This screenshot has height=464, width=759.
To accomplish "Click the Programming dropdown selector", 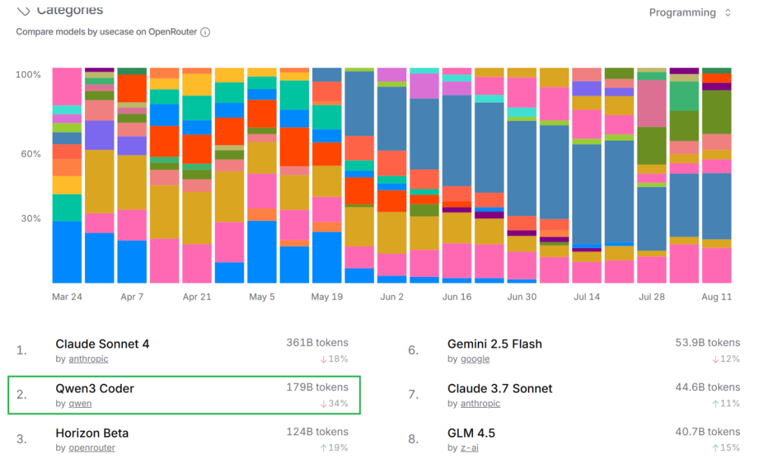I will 689,13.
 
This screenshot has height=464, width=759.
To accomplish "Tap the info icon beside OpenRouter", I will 205,32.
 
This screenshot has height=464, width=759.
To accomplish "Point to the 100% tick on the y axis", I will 28,75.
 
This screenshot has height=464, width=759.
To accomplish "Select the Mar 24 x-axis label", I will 67,297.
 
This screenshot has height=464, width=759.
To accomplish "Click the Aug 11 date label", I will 716,297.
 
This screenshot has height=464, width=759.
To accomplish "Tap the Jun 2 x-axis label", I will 392,297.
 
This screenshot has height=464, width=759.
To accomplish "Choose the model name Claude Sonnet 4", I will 102,344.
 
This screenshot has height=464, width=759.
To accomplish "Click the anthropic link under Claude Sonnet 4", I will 88,359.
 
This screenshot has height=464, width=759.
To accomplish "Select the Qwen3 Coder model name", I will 94,388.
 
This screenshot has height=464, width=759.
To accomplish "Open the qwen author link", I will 79,404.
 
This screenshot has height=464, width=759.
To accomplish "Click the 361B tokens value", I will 317,343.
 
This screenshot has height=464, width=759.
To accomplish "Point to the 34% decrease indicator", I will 334,404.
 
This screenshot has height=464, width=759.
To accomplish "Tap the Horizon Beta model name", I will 92,433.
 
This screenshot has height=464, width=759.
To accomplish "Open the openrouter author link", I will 91,448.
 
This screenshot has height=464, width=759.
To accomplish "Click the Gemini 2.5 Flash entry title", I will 495,344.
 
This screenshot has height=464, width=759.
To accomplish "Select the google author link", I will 475,359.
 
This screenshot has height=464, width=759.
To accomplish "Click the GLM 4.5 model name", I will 471,433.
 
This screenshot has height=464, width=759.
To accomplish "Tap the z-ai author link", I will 469,448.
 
